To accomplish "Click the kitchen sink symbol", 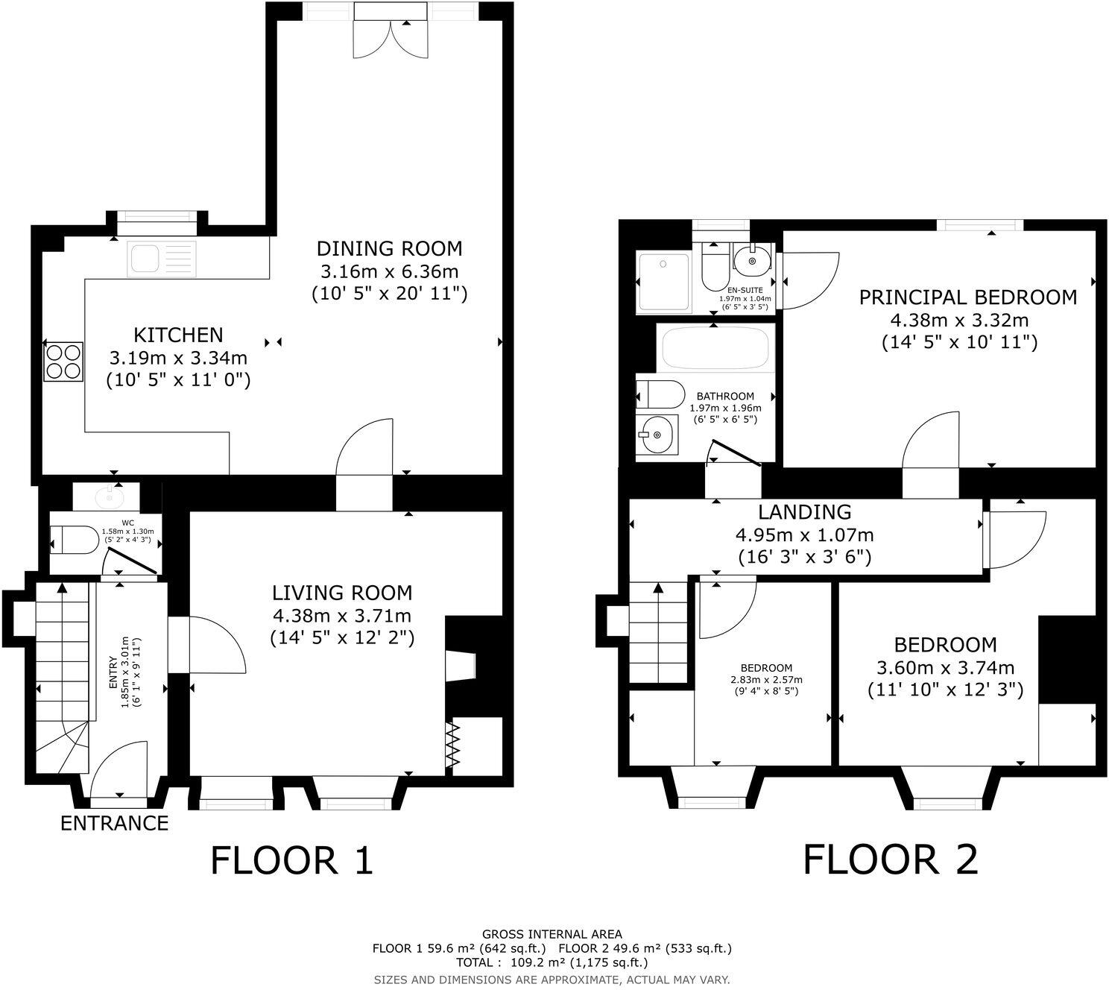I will tap(161, 259).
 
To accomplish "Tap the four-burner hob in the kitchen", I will tap(63, 361).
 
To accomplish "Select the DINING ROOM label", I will tap(389, 248).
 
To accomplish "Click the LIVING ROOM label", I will tap(341, 593).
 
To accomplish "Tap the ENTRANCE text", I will tap(114, 823).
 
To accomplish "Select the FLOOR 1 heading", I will tap(291, 860).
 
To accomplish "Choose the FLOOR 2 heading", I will tap(890, 860).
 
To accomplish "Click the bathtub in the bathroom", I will tap(715, 349).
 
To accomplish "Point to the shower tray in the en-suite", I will tap(663, 283).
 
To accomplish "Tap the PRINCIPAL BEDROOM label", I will tap(967, 297).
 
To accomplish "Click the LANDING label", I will tap(804, 512).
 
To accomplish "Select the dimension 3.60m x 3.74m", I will tap(945, 668).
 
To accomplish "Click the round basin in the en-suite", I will tap(752, 259).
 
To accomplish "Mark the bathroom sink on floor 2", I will tap(657, 434).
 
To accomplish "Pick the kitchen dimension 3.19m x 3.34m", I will tap(178, 358).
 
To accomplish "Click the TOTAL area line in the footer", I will tap(552, 962).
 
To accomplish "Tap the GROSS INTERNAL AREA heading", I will tap(552, 934).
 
